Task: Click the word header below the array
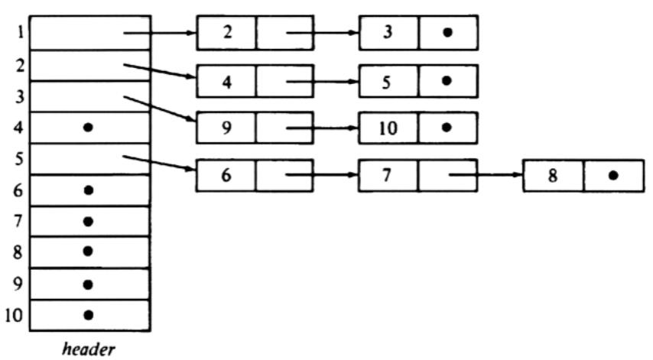89,349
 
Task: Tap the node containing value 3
388,33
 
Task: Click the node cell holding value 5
388,80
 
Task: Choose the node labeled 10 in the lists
388,128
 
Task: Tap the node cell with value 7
388,175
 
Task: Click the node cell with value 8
552,175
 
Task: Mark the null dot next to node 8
612,175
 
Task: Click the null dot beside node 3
448,33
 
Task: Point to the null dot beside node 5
448,80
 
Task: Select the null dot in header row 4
89,128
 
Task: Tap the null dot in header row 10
89,314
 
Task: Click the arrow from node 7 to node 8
486,175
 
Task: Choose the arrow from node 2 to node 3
322,33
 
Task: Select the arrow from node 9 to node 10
322,128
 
